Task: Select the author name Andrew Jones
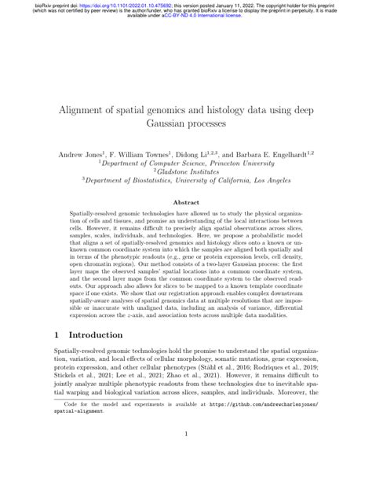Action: pyautogui.click(x=75, y=155)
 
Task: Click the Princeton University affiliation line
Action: pyautogui.click(x=185, y=167)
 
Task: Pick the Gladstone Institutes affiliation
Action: pyautogui.click(x=185, y=178)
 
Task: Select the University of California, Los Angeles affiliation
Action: pyautogui.click(x=185, y=189)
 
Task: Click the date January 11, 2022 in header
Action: pyautogui.click(x=231, y=5)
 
